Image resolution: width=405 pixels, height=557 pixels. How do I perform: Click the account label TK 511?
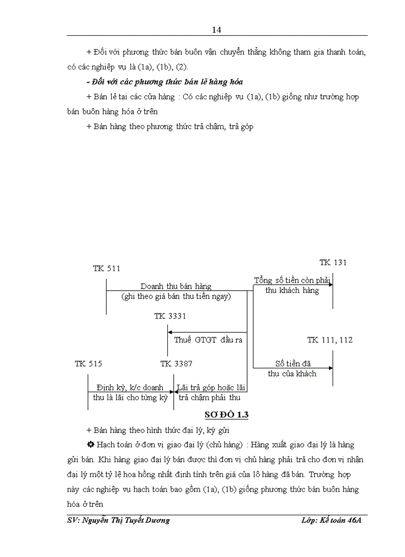click(x=106, y=268)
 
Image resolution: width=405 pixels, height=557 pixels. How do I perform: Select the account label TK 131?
click(x=333, y=262)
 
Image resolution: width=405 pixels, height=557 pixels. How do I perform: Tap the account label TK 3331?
click(x=170, y=316)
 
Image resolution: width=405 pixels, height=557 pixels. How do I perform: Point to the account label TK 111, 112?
click(x=330, y=340)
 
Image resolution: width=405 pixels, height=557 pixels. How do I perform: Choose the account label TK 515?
click(x=88, y=364)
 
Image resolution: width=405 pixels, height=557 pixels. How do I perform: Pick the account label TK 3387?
click(x=176, y=364)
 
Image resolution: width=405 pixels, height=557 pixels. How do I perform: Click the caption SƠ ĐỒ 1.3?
click(x=226, y=415)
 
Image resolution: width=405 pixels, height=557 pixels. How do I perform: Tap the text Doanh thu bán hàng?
click(x=176, y=286)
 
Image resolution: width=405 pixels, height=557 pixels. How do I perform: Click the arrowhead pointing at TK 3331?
click(x=170, y=332)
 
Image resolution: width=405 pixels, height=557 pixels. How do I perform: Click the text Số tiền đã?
click(x=293, y=364)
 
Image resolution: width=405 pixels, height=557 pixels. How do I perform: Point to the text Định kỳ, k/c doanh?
click(x=131, y=387)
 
